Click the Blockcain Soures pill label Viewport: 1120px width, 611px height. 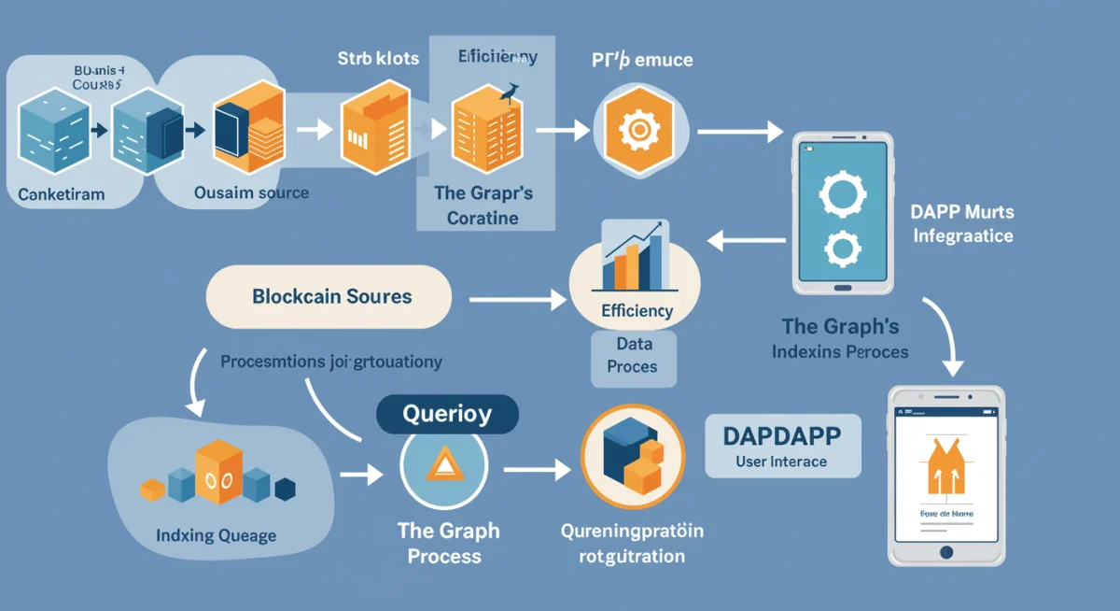click(330, 297)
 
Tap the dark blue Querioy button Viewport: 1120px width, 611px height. click(446, 414)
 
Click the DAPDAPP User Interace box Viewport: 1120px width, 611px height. click(782, 446)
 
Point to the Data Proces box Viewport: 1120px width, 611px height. click(632, 355)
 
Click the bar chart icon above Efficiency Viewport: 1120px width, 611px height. click(634, 256)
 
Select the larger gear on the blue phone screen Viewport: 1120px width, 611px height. click(843, 197)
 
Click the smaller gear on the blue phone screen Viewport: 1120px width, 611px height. click(843, 249)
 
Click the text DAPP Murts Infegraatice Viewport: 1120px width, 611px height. click(961, 225)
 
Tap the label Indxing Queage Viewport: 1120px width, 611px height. click(216, 535)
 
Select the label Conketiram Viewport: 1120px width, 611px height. click(62, 194)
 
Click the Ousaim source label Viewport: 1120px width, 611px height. click(251, 192)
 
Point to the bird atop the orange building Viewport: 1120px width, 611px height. click(509, 92)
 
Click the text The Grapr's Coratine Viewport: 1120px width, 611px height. click(483, 206)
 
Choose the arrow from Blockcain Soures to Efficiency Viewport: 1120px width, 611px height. click(518, 299)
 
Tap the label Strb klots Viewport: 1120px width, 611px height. click(378, 58)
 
